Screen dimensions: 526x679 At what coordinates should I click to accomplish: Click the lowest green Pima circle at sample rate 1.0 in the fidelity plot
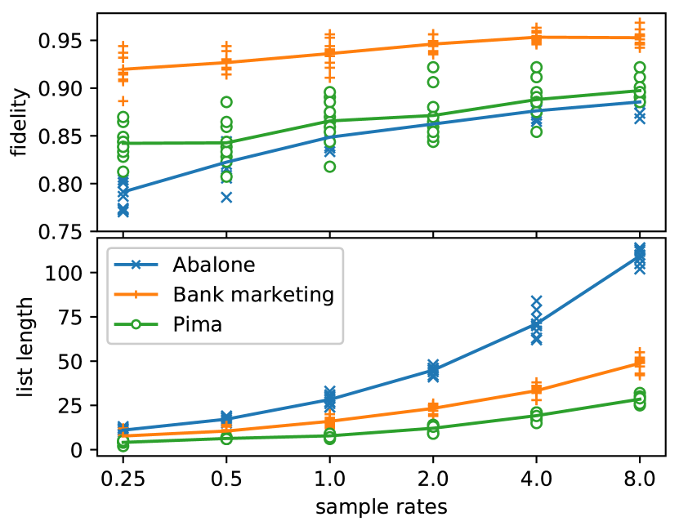[329, 167]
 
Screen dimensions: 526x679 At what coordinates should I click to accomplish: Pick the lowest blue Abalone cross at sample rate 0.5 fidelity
[226, 197]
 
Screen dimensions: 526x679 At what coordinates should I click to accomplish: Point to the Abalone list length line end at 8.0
[639, 256]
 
